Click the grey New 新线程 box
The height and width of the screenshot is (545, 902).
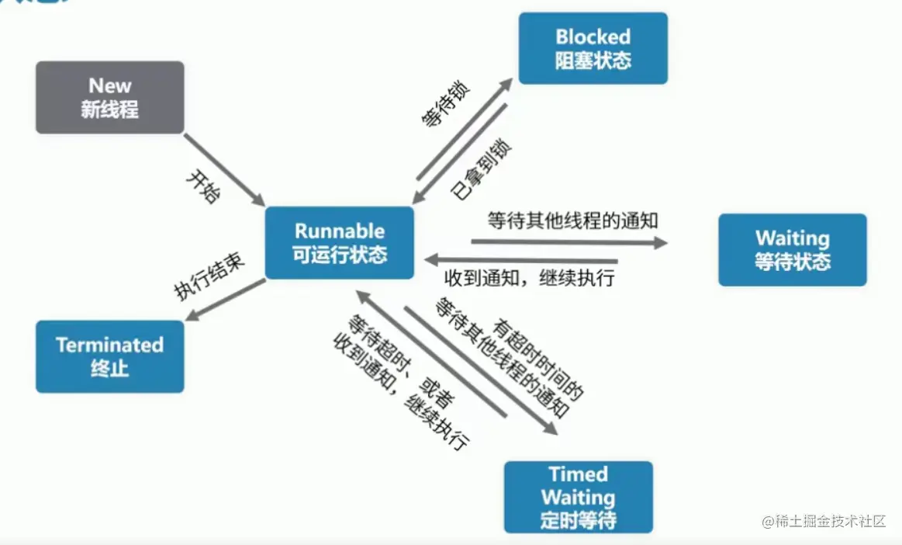tap(109, 97)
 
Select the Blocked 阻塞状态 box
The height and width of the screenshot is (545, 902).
tap(593, 48)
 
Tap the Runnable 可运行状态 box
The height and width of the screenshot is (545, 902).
tap(339, 242)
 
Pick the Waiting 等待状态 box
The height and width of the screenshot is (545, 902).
tap(792, 249)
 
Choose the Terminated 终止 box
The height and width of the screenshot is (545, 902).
tap(109, 356)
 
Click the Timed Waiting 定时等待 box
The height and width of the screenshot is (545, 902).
tap(578, 497)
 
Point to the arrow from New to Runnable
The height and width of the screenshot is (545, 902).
tap(224, 169)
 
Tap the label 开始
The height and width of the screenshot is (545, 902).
tap(203, 187)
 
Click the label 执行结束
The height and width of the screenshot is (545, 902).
tap(209, 276)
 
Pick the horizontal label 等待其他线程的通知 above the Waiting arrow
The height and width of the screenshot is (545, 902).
tap(572, 220)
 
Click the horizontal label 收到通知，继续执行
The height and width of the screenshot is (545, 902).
tap(529, 278)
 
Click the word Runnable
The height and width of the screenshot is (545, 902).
tap(339, 231)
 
